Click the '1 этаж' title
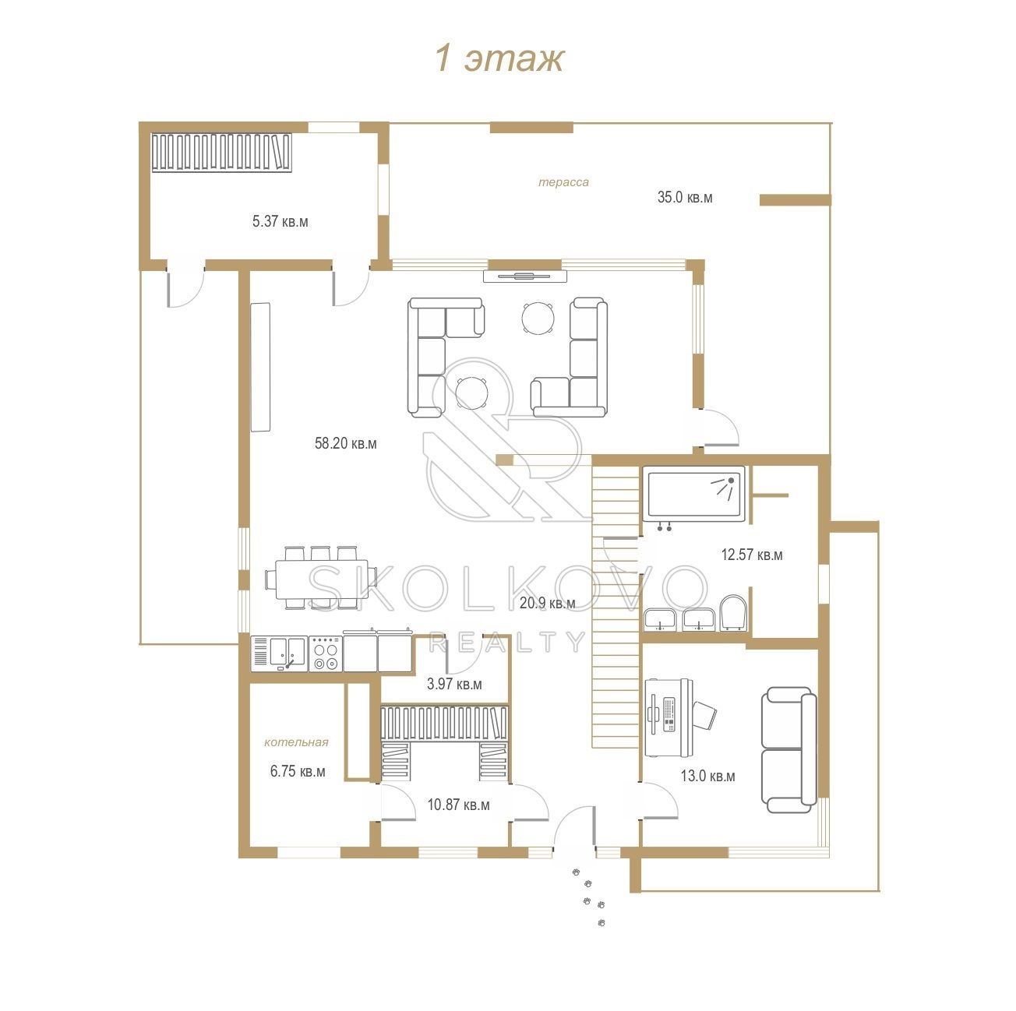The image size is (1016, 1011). [x=499, y=58]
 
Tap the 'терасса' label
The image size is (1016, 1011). [x=563, y=182]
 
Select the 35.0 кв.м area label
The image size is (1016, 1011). [x=684, y=197]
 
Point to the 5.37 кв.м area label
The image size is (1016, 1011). [x=280, y=221]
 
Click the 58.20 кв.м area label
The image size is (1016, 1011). [x=346, y=443]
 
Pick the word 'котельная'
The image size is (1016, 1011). [x=296, y=742]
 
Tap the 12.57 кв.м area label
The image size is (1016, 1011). [x=751, y=555]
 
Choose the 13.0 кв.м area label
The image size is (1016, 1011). [x=707, y=776]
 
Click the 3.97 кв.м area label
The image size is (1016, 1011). [x=454, y=684]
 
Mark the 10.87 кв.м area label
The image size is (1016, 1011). [x=458, y=805]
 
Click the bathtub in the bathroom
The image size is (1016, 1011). [x=694, y=494]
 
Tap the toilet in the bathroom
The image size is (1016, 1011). [x=733, y=613]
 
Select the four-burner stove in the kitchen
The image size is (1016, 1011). [x=326, y=653]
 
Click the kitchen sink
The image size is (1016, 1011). [x=288, y=653]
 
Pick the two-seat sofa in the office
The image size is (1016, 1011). [x=788, y=749]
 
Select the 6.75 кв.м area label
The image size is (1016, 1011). [x=298, y=772]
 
